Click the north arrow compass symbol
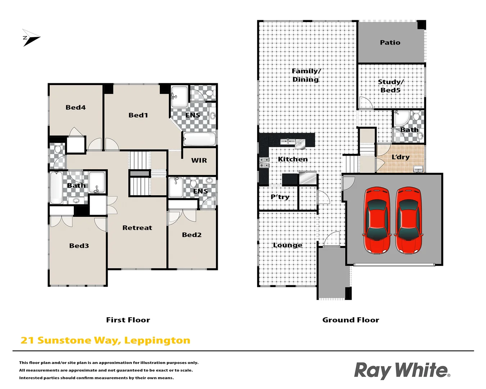[31, 38]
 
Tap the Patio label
[390, 43]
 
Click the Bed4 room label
[76, 107]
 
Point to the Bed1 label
[138, 115]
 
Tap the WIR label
[199, 161]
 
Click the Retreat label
[137, 228]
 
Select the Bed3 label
[79, 246]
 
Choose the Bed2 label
[192, 235]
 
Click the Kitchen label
[293, 159]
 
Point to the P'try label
[280, 197]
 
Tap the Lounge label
[287, 245]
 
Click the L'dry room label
[400, 157]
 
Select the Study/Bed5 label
[391, 86]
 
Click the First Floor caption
[128, 320]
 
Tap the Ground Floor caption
[351, 320]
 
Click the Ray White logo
[402, 371]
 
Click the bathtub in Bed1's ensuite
[199, 139]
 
